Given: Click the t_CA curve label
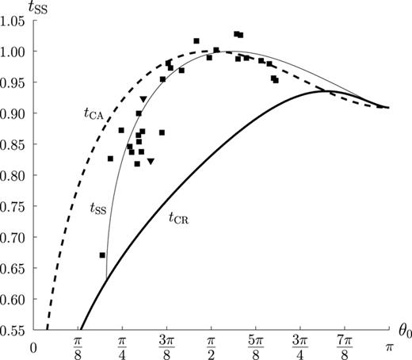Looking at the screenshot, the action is pos(93,114).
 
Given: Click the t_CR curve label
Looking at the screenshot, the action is pos(179,219).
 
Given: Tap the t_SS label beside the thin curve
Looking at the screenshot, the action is pos(98,209).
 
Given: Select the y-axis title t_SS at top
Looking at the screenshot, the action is pos(38,8).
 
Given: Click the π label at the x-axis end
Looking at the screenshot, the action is pos(389,347).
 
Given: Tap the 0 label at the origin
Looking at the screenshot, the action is pos(33,348).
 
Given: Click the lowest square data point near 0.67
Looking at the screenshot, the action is pos(102,255).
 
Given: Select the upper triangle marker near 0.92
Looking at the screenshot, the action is pos(143,99).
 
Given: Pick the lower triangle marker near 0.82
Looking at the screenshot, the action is pos(151,161).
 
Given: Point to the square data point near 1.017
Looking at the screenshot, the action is pos(196,41).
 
